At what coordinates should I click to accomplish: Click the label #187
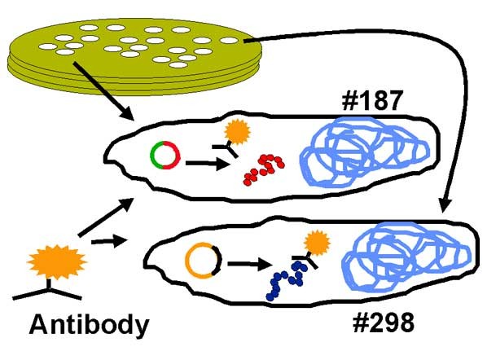372,101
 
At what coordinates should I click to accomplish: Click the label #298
384,323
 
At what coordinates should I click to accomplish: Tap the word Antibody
89,325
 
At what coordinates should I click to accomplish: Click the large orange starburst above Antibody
56,261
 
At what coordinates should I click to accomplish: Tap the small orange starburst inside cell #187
238,132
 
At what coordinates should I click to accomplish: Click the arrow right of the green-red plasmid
208,164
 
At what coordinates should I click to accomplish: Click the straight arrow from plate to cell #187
103,91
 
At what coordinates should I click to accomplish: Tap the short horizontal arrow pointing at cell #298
110,241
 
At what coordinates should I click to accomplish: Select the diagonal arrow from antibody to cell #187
106,217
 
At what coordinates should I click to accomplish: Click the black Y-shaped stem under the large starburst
48,290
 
